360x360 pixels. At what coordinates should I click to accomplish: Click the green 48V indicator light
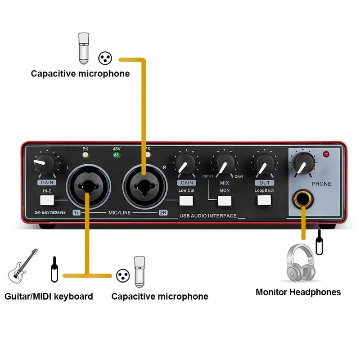pos(117,155)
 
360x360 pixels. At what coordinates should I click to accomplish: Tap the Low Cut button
pos(186,198)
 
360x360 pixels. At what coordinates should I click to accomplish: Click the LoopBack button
pos(264,198)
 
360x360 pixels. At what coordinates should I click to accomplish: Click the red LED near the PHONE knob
pos(326,155)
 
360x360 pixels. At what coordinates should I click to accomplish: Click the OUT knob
pos(264,164)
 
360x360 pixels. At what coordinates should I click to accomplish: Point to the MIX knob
pos(225,163)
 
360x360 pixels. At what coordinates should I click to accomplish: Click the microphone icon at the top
pos(84,48)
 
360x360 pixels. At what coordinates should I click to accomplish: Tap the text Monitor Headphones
pos(298,292)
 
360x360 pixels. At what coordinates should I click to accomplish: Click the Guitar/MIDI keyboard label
pos(49,296)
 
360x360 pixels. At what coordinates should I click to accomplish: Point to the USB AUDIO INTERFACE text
pos(207,216)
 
